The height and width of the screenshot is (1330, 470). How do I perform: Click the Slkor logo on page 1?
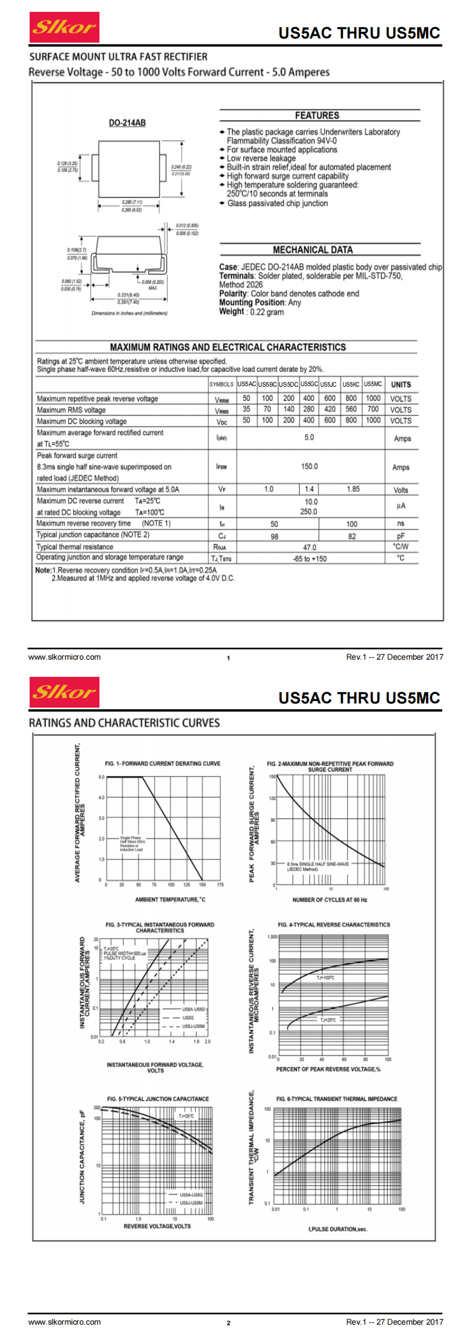pos(64,27)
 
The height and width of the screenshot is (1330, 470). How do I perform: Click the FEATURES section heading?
pos(317,115)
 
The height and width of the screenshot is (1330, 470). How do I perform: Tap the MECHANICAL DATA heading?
pos(313,250)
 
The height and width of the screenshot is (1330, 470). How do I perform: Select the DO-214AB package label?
pos(127,123)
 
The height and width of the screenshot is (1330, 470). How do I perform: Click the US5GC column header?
pos(309,384)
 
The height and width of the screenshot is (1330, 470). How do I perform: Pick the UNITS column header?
pos(401,384)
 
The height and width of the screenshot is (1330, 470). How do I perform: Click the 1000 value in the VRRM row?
pos(373,399)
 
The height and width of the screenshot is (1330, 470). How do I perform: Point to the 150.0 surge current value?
pos(309,467)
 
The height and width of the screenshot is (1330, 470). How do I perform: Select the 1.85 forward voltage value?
pos(353,489)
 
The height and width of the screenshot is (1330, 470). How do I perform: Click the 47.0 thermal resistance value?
pos(309,548)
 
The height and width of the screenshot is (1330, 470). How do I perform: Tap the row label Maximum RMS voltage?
pos(71,410)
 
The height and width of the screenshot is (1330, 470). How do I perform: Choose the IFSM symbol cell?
pos(221,467)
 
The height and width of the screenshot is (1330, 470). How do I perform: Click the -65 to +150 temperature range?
pos(309,558)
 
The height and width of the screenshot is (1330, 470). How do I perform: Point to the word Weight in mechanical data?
pos(231,311)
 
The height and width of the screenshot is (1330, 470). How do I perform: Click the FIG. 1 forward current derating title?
pos(162,763)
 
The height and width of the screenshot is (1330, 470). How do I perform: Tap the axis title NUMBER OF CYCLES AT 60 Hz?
pos(330,899)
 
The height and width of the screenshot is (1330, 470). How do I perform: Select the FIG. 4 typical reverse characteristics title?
pos(334,924)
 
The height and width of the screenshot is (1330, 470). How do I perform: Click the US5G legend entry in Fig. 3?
pos(188,1017)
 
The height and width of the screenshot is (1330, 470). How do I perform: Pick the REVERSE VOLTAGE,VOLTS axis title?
pos(157,1226)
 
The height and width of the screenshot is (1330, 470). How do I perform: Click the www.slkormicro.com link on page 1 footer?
pos(65,657)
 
